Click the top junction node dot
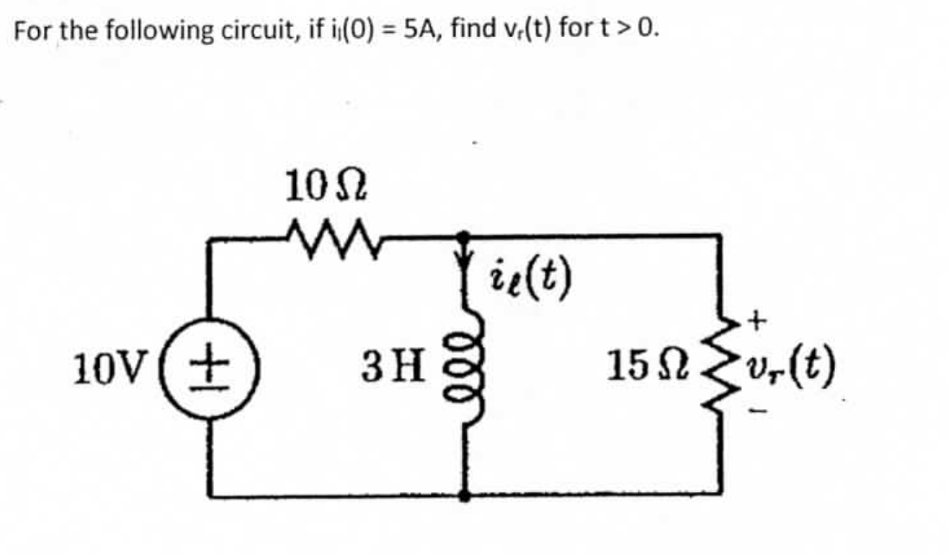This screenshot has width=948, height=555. pos(464,235)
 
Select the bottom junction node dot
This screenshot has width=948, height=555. pos(464,496)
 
